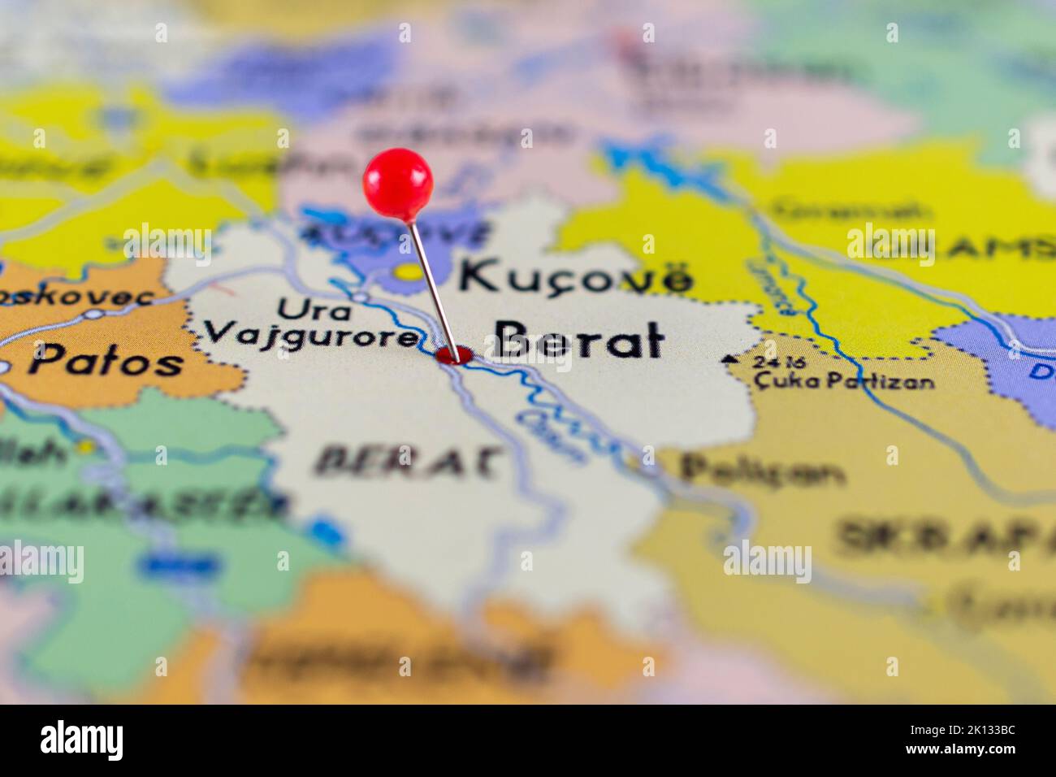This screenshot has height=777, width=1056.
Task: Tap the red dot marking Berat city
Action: pos(453,354)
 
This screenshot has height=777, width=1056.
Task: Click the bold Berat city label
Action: pos(578,341)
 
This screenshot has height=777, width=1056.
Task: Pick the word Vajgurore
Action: pos(309,333)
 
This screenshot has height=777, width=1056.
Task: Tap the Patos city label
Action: pos(106,360)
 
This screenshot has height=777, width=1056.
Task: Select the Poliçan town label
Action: pos(761,470)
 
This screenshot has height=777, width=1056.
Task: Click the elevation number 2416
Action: pos(768,362)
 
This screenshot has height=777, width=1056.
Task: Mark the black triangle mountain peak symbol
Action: pos(729,358)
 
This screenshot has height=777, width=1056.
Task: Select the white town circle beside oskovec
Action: pos(96,314)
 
